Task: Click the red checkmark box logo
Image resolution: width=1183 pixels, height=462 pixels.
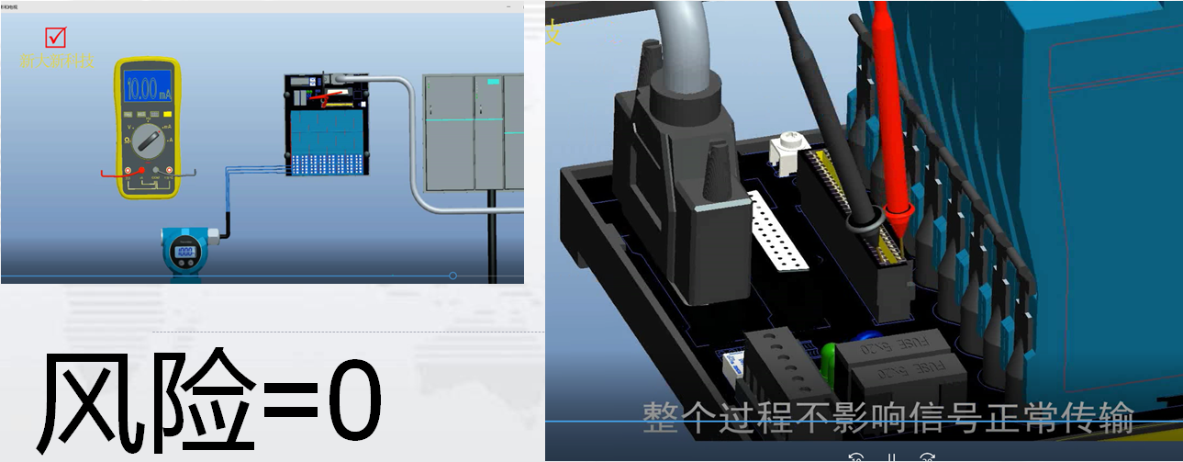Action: [x=56, y=37]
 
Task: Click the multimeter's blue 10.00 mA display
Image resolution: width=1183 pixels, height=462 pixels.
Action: [x=147, y=89]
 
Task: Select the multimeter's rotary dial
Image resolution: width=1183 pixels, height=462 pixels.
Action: [x=147, y=140]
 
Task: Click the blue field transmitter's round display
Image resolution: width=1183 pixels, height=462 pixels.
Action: [x=185, y=252]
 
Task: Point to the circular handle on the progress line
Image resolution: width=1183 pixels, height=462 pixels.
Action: [x=452, y=276]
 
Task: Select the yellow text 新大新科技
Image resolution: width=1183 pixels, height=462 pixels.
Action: [x=57, y=61]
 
